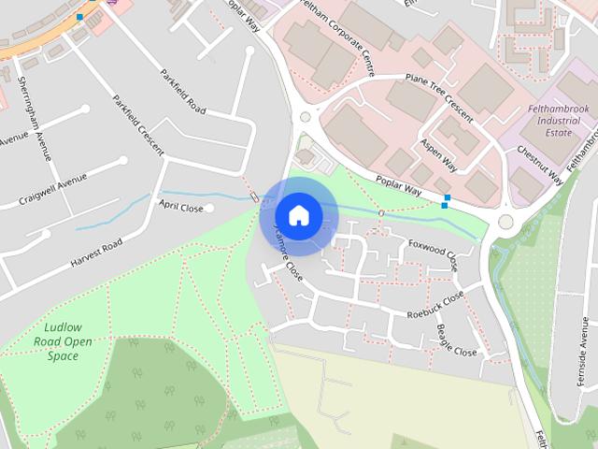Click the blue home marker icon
pos(298,215)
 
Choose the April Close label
pos(180,206)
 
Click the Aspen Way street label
pos(437,159)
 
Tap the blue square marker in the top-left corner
pos(79,17)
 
